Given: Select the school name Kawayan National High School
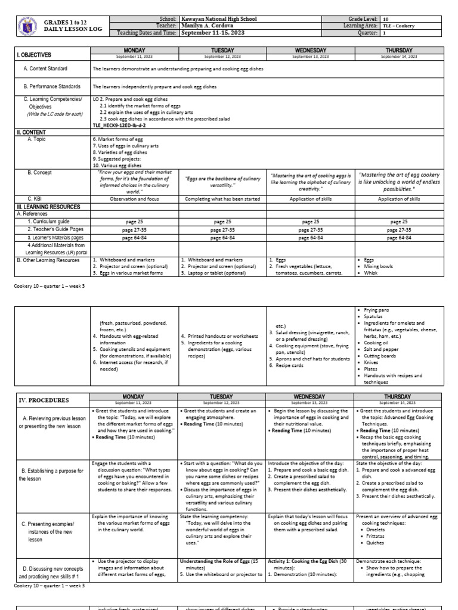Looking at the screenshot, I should [219, 19].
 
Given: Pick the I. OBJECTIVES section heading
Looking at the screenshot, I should [34, 54].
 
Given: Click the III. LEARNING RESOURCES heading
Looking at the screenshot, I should [48, 206].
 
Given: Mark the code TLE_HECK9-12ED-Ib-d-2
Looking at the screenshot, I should [119, 126].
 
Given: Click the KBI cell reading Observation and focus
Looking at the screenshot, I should [134, 199].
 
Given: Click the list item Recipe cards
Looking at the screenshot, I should [290, 365].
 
